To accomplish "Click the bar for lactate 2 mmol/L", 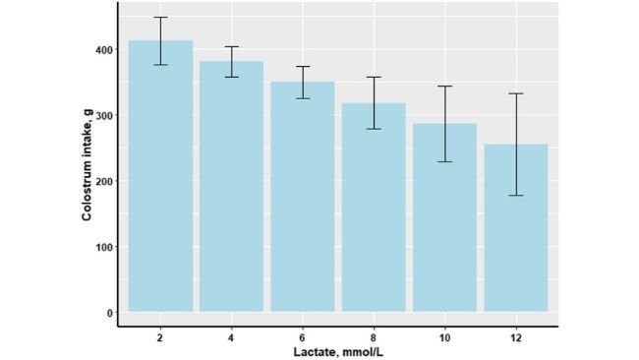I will pos(160,177).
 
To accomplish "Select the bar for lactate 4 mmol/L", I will pos(231,187).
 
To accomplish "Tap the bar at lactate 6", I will pos(303,197).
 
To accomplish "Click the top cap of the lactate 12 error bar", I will pos(516,93).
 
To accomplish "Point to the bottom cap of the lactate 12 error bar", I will pos(516,196).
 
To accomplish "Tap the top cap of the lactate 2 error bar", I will pos(160,18).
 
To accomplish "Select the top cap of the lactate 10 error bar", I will pos(444,87).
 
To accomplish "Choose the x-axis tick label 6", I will pos(303,336).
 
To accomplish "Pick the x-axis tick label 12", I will pos(516,336).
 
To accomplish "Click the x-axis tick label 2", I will pos(160,336).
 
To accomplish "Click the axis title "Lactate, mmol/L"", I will pos(337,351).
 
